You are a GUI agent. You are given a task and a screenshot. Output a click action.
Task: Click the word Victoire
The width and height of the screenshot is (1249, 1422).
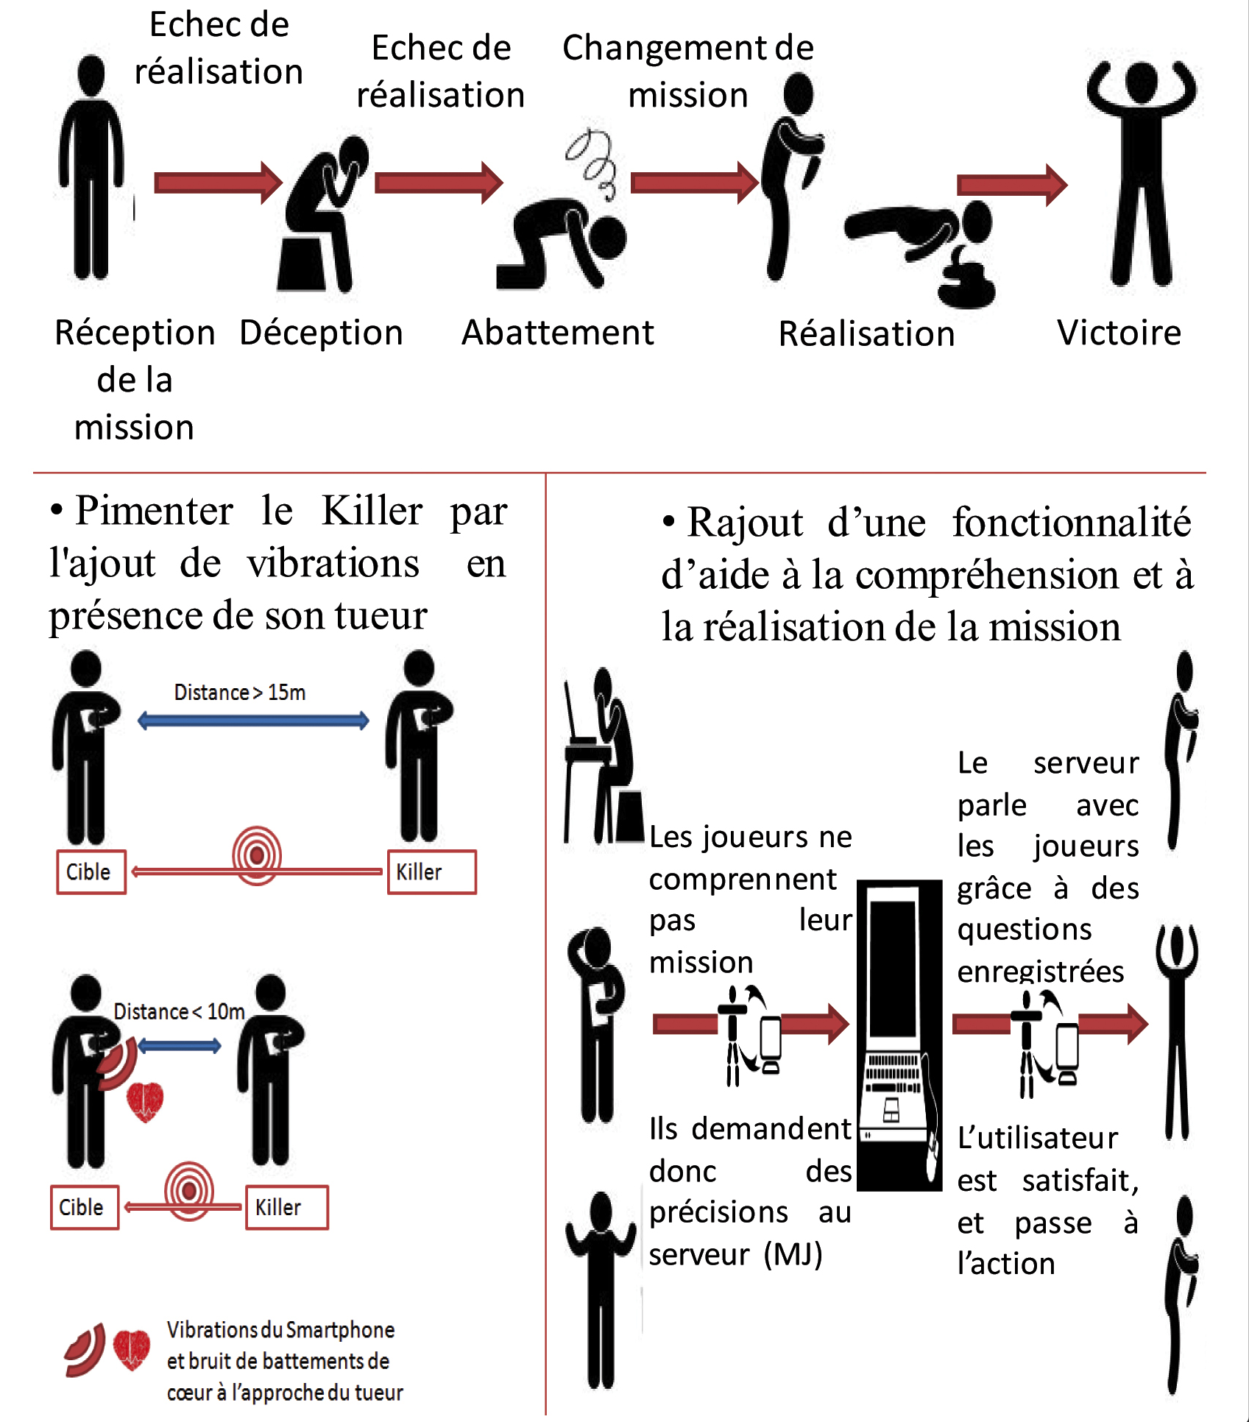1119,333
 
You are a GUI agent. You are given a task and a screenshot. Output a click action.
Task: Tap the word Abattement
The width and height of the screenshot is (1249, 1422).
557,333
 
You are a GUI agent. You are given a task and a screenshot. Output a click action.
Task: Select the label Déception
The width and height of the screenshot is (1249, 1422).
321,333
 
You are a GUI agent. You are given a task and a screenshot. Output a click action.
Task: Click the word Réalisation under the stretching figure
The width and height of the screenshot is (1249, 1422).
866,334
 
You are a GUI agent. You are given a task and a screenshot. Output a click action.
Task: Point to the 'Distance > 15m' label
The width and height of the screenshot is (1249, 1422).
239,693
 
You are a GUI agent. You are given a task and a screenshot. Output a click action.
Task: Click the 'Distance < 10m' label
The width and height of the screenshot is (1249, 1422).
179,1012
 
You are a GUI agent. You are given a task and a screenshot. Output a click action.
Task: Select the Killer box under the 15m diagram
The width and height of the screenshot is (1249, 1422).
431,872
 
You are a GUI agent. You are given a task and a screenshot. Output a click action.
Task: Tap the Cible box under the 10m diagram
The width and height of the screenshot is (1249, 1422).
84,1207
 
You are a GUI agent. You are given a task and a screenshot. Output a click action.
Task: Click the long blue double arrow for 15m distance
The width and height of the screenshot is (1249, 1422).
253,721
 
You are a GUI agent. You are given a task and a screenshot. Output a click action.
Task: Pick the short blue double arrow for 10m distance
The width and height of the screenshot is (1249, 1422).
179,1046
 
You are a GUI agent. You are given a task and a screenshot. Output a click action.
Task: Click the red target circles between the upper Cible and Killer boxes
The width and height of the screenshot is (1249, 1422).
257,855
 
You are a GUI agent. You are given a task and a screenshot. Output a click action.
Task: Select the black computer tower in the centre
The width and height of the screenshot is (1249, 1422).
899,1034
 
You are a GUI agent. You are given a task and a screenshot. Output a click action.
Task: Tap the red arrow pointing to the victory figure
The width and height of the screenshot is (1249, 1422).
1011,185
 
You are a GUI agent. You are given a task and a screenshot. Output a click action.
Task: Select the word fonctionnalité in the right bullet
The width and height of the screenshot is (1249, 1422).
1071,523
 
